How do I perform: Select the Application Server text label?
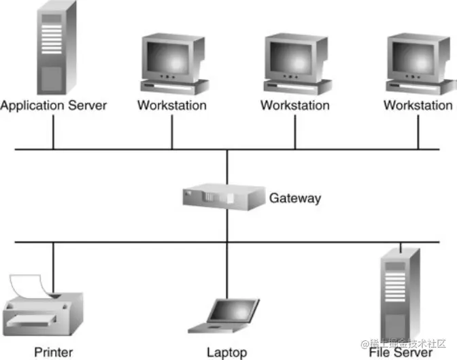[x=54, y=105]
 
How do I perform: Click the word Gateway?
[x=294, y=199]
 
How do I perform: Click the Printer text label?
[x=53, y=352]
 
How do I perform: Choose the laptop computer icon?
[x=226, y=316]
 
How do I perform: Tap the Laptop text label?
[x=226, y=353]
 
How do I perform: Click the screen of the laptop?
[x=232, y=311]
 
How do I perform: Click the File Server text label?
[x=401, y=353]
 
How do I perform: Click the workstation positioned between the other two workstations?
[x=297, y=65]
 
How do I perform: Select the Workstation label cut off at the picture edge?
[x=418, y=105]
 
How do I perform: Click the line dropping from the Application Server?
[x=53, y=131]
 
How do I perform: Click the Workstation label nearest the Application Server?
[x=172, y=105]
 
